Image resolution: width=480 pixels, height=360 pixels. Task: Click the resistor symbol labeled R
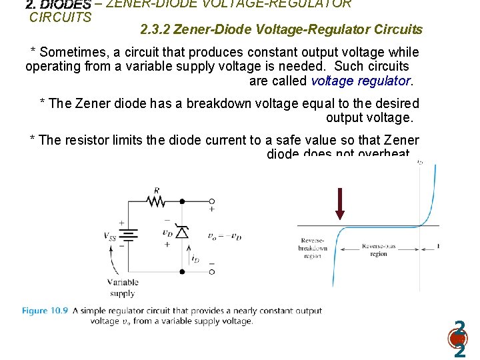pyautogui.click(x=155, y=200)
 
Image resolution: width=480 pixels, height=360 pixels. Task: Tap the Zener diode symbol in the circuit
pyautogui.click(x=181, y=232)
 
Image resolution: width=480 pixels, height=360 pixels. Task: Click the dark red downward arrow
pyautogui.click(x=340, y=203)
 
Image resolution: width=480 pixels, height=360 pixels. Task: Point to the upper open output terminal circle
pyautogui.click(x=211, y=200)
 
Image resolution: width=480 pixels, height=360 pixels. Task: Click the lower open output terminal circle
pyautogui.click(x=211, y=271)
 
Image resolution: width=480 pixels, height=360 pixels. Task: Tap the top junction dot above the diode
pyautogui.click(x=181, y=200)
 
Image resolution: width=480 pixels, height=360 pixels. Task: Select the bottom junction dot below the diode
pyautogui.click(x=181, y=271)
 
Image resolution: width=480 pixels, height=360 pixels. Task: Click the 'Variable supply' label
pyautogui.click(x=123, y=287)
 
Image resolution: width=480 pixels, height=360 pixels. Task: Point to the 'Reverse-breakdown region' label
pyautogui.click(x=313, y=248)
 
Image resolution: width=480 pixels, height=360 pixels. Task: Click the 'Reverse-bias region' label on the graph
pyautogui.click(x=378, y=250)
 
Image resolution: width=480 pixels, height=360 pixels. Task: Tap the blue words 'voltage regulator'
pyautogui.click(x=361, y=81)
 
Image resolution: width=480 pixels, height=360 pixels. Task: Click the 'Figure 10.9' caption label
pyautogui.click(x=45, y=311)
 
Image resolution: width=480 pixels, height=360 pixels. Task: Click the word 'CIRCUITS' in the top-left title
pyautogui.click(x=61, y=17)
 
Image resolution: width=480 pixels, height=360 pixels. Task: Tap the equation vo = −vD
pyautogui.click(x=225, y=236)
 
